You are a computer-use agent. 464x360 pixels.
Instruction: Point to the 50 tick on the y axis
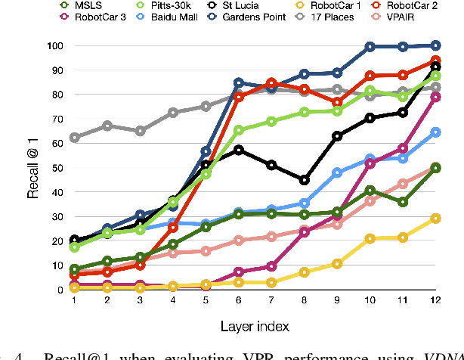click(56, 168)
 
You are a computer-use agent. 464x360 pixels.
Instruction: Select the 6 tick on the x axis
click(238, 300)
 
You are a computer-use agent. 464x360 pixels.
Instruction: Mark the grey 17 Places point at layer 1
click(74, 138)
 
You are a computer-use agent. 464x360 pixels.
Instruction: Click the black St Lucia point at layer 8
click(304, 180)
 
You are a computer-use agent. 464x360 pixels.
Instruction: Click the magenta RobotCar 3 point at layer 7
click(271, 266)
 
